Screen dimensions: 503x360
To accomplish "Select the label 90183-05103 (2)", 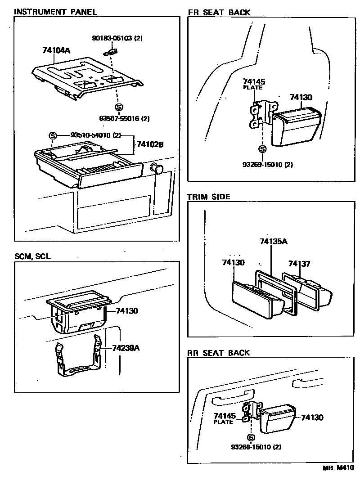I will point(117,39).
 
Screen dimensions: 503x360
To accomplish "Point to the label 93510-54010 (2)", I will point(96,135).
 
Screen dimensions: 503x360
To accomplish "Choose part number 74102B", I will point(150,145).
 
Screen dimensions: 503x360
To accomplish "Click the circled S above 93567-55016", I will point(119,107).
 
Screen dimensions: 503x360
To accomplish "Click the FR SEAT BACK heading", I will point(219,12).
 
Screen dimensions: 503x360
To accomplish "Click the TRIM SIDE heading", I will point(208,197).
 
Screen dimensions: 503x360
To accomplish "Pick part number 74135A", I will point(274,242).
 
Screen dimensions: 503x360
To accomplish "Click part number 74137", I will point(299,264).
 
